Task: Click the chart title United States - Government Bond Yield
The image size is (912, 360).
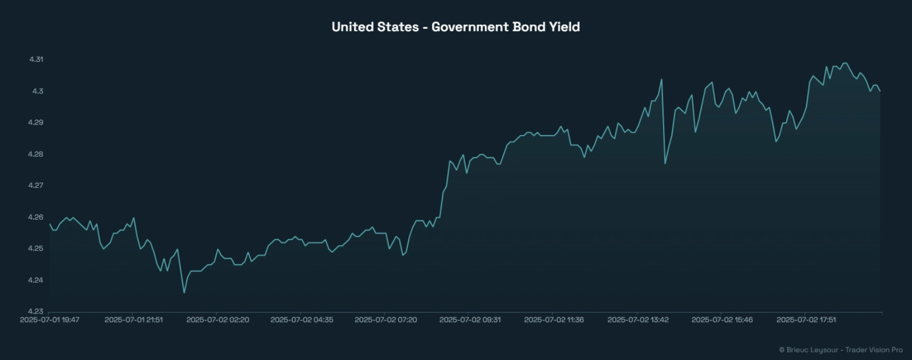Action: (x=455, y=27)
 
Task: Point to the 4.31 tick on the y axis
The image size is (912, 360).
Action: (x=36, y=59)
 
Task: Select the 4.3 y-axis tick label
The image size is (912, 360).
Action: (x=37, y=91)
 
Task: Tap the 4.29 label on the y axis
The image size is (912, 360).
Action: (x=36, y=122)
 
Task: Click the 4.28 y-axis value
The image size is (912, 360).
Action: (x=36, y=154)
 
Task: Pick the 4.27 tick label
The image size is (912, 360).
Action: (x=36, y=185)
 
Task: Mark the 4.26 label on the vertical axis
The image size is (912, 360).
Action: (x=36, y=217)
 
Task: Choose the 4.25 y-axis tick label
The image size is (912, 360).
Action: (x=36, y=248)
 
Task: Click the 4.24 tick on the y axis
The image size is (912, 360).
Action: (x=36, y=280)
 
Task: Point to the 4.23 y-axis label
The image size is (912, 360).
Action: (x=36, y=311)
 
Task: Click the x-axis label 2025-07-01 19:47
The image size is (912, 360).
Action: (x=50, y=320)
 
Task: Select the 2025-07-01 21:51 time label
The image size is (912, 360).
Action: (x=134, y=320)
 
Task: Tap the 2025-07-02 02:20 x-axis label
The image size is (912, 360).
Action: (x=218, y=320)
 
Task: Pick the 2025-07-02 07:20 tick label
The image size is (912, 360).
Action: (x=386, y=320)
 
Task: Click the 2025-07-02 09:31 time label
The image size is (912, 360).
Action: (x=470, y=320)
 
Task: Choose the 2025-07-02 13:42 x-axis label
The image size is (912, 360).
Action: (x=638, y=320)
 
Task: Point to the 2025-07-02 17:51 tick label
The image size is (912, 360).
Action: (x=806, y=320)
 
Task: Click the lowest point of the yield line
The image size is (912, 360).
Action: (x=185, y=292)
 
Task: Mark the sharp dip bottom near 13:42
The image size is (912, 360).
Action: (x=665, y=163)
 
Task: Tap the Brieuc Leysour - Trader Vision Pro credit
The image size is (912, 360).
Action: (x=841, y=350)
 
